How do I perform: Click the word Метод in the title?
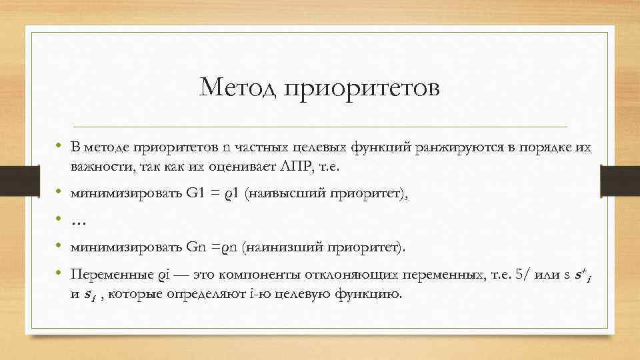point(239,88)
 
